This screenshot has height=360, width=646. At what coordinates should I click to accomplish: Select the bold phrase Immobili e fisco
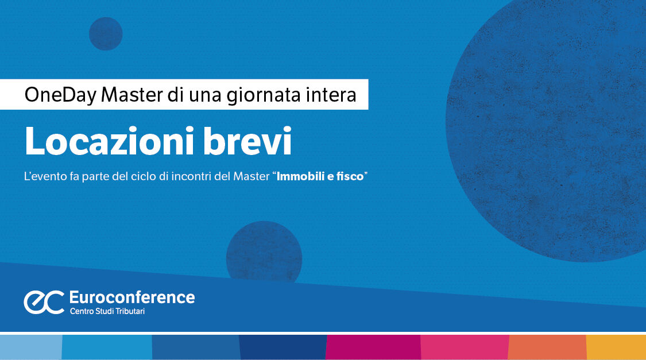click(x=320, y=177)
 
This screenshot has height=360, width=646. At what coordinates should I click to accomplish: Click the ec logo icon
click(x=44, y=302)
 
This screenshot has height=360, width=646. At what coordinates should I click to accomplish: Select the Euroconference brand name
click(x=131, y=297)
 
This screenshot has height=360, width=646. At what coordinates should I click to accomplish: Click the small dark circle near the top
click(x=106, y=33)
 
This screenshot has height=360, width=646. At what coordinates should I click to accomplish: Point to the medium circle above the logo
click(x=264, y=251)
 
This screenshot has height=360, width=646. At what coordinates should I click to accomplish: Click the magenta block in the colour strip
click(x=373, y=347)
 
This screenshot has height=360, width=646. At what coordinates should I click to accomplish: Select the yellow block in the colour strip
click(x=616, y=347)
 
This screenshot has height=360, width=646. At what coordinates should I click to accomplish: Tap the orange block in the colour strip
click(x=547, y=347)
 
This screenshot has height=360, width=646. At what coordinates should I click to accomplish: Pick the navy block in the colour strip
click(x=282, y=347)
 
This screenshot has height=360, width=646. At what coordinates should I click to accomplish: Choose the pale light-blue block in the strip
click(x=30, y=347)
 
